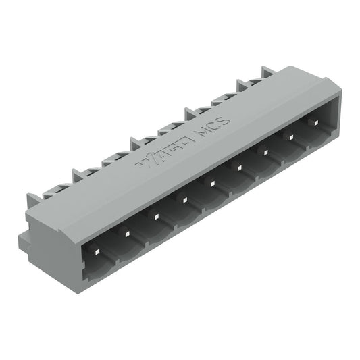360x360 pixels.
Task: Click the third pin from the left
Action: click(154, 216)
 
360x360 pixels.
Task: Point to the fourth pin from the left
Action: click(182, 199)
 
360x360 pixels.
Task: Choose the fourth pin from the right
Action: click(238, 167)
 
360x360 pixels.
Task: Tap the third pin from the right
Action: click(265, 151)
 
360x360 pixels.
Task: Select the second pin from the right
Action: click(290, 136)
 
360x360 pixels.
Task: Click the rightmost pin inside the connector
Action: click(314, 122)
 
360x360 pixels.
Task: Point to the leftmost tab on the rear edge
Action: click(34, 201)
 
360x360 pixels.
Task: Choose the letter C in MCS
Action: click(215, 128)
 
